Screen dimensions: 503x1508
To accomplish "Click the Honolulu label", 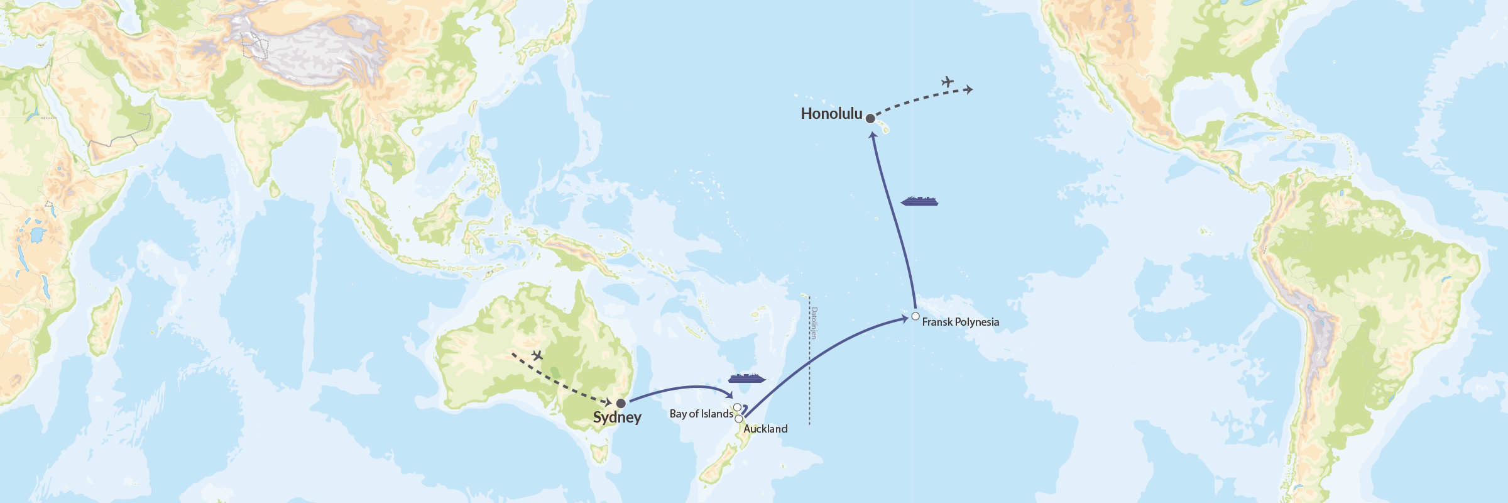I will [831, 114].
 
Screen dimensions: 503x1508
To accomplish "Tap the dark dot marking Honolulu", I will [870, 118].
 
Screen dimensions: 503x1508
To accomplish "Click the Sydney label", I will [617, 417].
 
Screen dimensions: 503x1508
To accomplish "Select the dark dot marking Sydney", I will [621, 403].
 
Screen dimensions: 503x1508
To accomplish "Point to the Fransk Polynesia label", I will [960, 322].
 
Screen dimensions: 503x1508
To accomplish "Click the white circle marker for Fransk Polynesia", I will [915, 316].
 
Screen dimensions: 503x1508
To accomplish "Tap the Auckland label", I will [765, 429].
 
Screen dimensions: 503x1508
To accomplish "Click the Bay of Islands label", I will [701, 414].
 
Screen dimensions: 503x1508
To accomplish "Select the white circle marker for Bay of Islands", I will [737, 407].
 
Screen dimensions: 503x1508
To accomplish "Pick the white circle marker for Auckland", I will [739, 419].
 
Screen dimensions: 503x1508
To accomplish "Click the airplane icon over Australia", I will [537, 356].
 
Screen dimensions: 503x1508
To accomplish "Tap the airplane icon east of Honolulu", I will [948, 82].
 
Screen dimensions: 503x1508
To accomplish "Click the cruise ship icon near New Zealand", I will [746, 378].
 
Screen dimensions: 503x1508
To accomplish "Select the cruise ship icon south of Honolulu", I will [919, 201].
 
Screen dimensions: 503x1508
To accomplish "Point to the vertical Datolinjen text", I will [814, 323].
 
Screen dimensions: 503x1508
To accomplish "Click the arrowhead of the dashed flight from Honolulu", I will [970, 90].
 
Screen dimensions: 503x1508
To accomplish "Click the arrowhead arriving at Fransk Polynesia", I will [904, 319].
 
